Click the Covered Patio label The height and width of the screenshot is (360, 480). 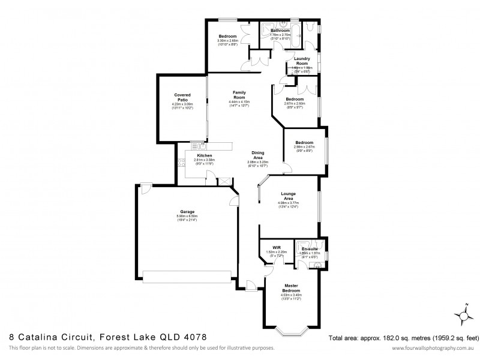click(x=182, y=97)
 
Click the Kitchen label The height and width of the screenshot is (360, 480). click(x=196, y=155)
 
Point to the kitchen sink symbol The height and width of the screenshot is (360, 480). click(x=200, y=145)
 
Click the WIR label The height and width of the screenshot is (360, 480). click(x=277, y=247)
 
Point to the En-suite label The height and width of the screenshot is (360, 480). click(x=310, y=248)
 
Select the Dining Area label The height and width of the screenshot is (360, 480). click(x=258, y=155)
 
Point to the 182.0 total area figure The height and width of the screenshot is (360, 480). click(x=385, y=337)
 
